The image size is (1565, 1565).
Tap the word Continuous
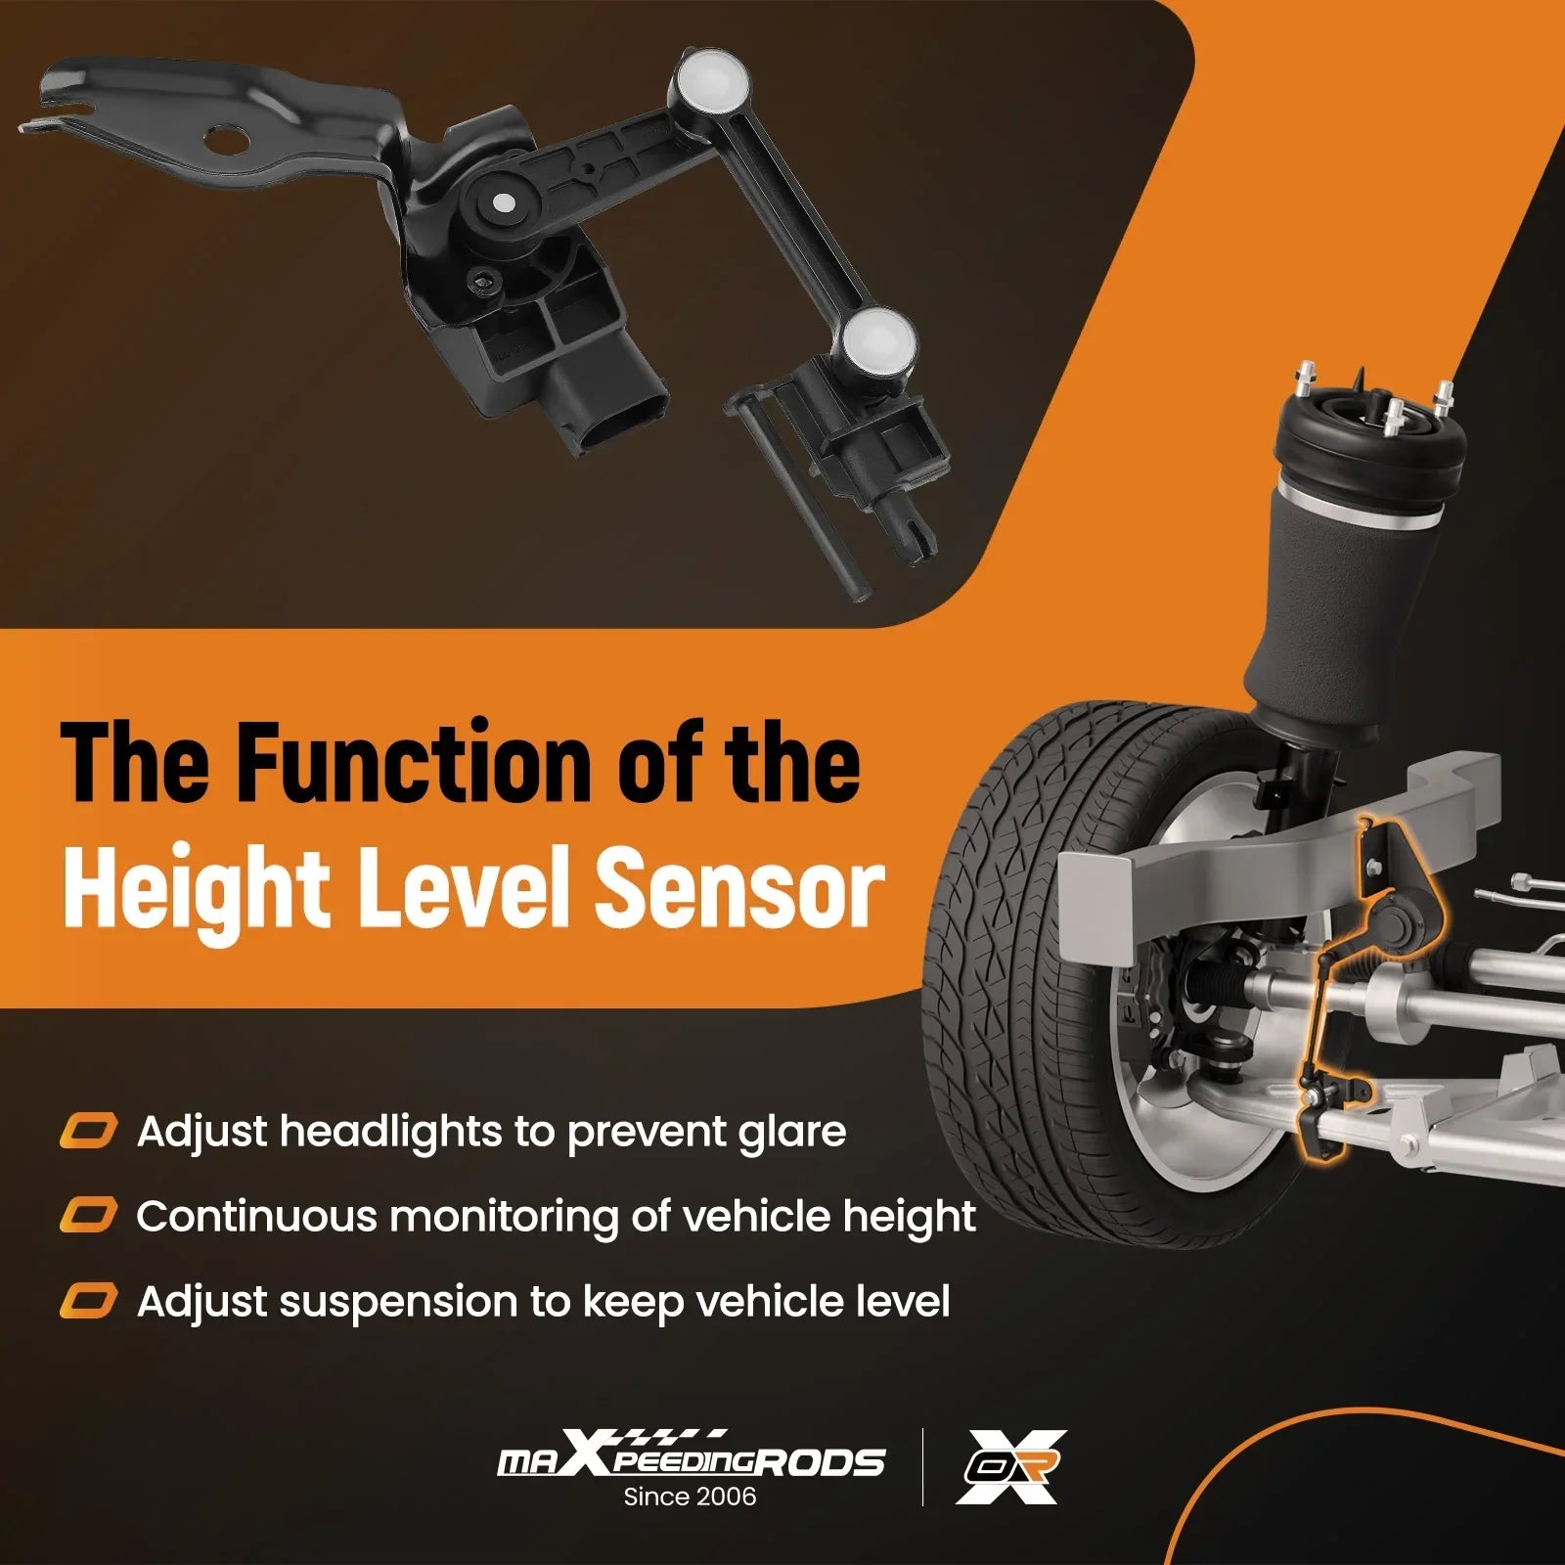pos(256,1217)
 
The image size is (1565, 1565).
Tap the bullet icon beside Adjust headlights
pos(88,1131)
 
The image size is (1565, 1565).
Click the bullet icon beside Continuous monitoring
pos(88,1216)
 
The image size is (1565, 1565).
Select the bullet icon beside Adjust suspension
pos(88,1301)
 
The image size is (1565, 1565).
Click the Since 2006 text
pos(690,1496)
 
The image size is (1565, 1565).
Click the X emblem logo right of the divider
pos(1010,1465)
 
